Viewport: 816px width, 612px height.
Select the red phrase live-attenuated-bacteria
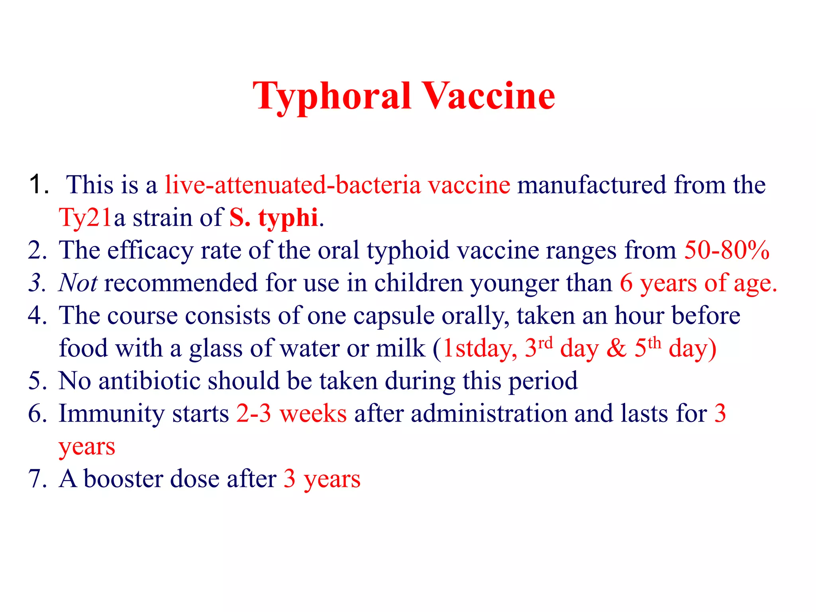pos(293,185)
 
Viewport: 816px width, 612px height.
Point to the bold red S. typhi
pos(273,218)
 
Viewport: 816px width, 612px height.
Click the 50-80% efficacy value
pos(726,251)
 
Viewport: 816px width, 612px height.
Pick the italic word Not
pos(78,283)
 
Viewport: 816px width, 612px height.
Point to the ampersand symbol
pos(616,349)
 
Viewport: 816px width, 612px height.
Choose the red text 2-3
pos(254,414)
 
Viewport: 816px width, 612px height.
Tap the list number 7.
pos(37,479)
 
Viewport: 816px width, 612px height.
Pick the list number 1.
pos(39,185)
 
